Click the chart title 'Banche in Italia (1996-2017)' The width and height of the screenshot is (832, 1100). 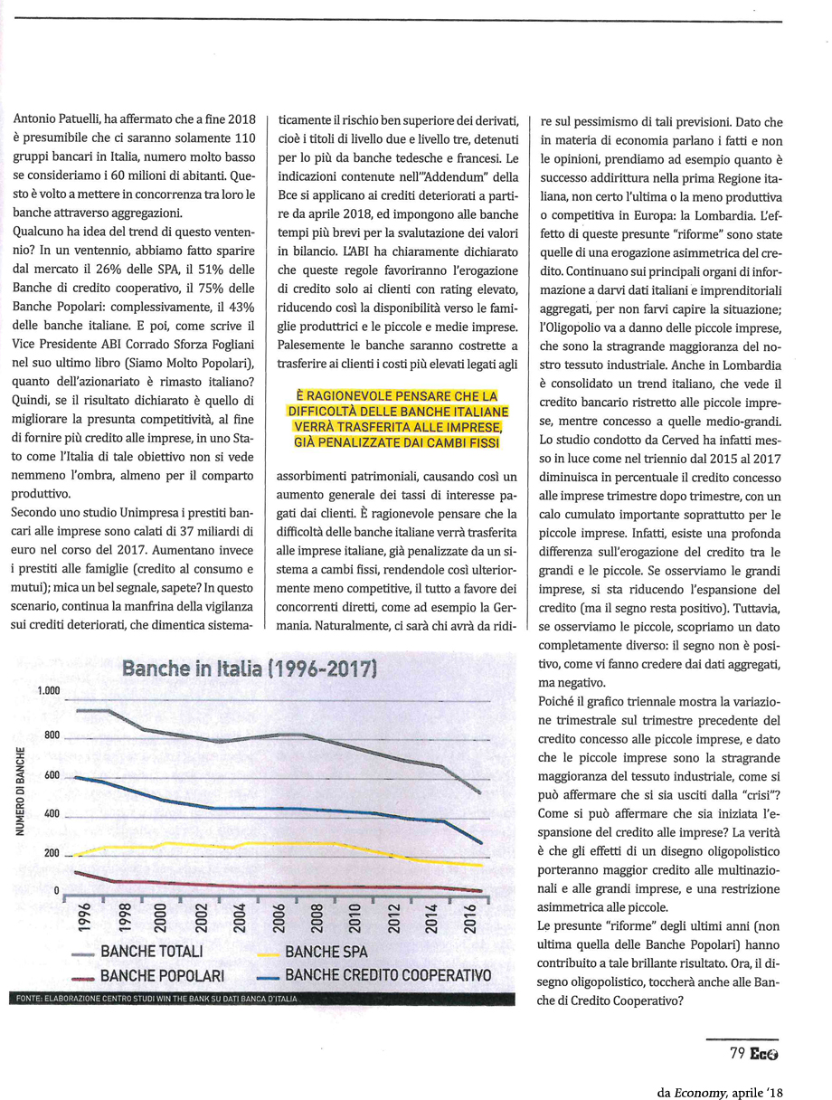pyautogui.click(x=249, y=669)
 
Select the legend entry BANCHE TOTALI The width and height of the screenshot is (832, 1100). pyautogui.click(x=151, y=952)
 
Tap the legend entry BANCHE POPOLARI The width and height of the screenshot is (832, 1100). pyautogui.click(x=162, y=976)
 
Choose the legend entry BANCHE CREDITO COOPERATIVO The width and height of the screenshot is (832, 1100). pyautogui.click(x=388, y=975)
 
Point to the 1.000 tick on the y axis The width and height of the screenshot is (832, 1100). pyautogui.click(x=48, y=691)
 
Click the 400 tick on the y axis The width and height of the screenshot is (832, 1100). pyautogui.click(x=50, y=814)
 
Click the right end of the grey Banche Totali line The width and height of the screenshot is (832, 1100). pyautogui.click(x=479, y=793)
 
